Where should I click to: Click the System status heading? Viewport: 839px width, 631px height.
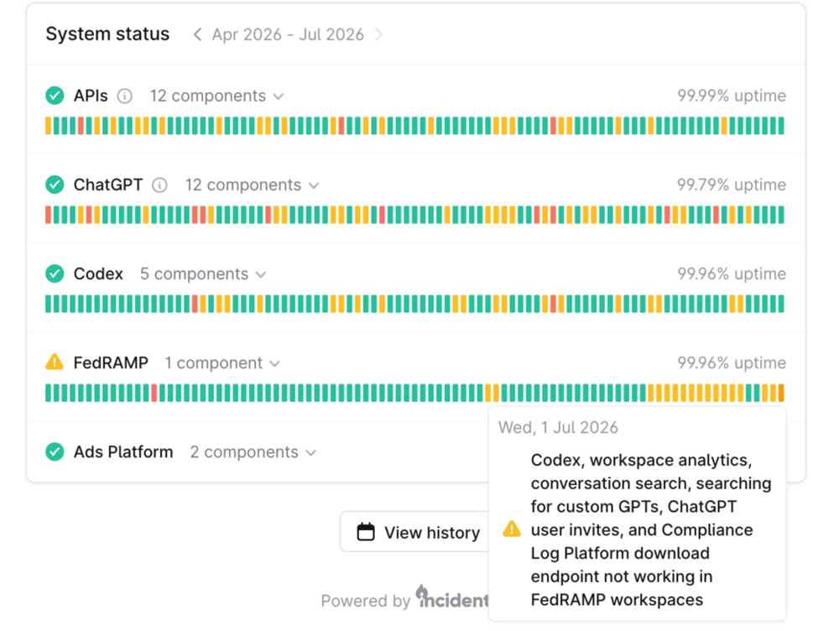pyautogui.click(x=107, y=34)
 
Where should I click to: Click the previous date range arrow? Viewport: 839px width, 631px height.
pyautogui.click(x=197, y=34)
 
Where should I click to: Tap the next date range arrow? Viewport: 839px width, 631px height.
pyautogui.click(x=379, y=34)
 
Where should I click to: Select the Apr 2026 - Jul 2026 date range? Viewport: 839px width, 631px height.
pyautogui.click(x=288, y=34)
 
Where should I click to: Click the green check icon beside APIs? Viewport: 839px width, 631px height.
pyautogui.click(x=55, y=96)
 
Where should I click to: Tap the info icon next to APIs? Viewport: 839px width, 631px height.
pyautogui.click(x=125, y=96)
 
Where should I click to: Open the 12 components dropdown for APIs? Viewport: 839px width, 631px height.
pyautogui.click(x=216, y=96)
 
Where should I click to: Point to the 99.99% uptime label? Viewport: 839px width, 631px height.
pyautogui.click(x=732, y=96)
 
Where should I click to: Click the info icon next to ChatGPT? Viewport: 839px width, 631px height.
pyautogui.click(x=159, y=185)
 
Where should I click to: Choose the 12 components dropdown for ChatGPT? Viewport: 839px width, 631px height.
pyautogui.click(x=252, y=185)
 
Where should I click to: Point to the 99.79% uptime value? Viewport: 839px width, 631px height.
pyautogui.click(x=732, y=185)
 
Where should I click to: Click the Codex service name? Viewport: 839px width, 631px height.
pyautogui.click(x=98, y=274)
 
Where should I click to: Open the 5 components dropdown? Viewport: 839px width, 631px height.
pyautogui.click(x=203, y=274)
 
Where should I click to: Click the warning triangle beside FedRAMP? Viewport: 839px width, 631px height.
pyautogui.click(x=55, y=362)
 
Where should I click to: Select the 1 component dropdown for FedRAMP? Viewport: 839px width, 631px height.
pyautogui.click(x=222, y=363)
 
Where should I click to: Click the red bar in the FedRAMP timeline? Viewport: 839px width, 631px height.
pyautogui.click(x=154, y=393)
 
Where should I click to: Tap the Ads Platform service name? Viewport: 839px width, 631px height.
pyautogui.click(x=123, y=452)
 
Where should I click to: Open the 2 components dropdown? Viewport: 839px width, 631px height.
pyautogui.click(x=253, y=452)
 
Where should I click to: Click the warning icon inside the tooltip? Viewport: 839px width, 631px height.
pyautogui.click(x=512, y=529)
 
